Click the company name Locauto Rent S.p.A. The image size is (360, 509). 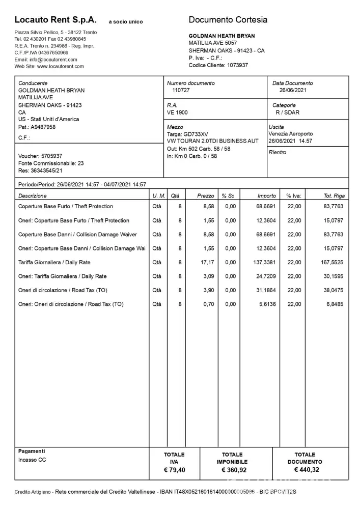(56, 20)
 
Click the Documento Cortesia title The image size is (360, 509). (228, 20)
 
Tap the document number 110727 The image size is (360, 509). (181, 90)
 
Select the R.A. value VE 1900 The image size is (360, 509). (177, 112)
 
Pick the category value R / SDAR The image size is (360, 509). (288, 112)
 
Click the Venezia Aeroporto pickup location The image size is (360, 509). (291, 134)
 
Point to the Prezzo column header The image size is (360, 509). (206, 195)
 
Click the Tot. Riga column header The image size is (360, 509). (334, 195)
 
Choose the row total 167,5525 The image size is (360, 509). (332, 263)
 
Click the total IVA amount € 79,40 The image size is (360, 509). (174, 470)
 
